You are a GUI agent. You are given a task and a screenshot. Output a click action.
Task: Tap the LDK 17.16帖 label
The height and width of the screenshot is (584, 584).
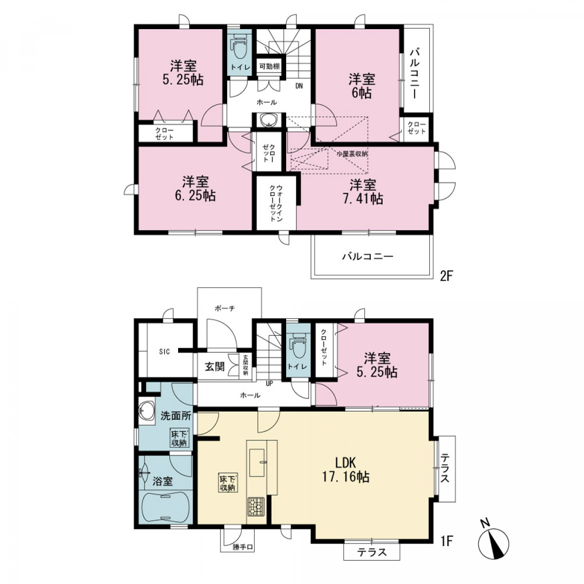tap(345, 470)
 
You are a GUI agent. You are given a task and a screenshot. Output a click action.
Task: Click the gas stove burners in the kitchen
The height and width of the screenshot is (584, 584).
tap(256, 507)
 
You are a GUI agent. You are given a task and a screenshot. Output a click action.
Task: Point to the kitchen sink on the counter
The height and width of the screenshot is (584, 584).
tap(257, 462)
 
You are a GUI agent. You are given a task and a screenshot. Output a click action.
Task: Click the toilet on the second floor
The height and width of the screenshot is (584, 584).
tap(239, 47)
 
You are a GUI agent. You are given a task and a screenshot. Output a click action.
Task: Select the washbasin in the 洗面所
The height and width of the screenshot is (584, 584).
tap(146, 411)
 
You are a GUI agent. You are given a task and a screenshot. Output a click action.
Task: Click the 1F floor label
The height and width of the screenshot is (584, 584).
tap(445, 541)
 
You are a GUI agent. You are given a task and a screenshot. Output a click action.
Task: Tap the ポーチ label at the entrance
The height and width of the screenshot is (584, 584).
tap(225, 309)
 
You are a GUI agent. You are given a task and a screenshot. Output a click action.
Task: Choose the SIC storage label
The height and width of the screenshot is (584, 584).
tap(164, 352)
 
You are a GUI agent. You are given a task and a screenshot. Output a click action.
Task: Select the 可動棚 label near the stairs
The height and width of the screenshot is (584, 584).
tap(269, 66)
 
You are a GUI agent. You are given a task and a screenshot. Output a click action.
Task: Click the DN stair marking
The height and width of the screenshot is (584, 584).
tap(299, 86)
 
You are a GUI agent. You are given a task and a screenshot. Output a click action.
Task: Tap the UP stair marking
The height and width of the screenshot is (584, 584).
tap(269, 383)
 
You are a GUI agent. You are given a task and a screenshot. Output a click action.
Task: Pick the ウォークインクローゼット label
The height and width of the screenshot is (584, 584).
tap(275, 203)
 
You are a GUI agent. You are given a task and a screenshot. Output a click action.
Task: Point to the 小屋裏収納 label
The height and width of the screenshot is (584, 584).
tap(352, 154)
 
